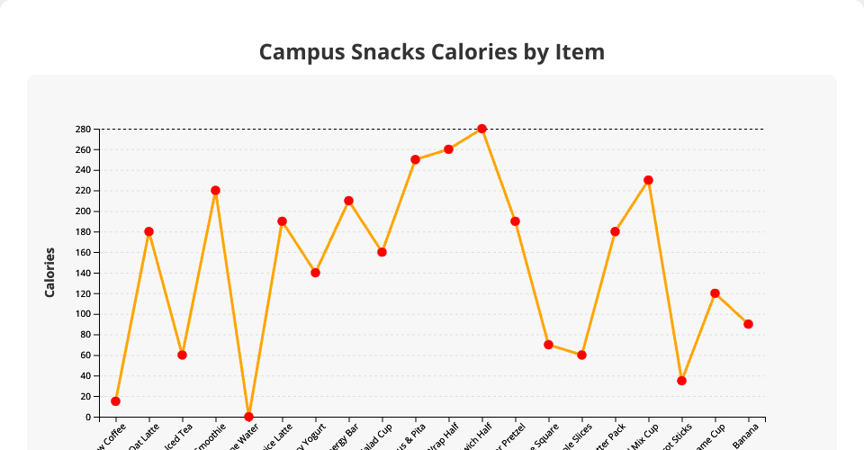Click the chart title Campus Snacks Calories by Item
tap(432, 52)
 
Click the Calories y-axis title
tap(50, 273)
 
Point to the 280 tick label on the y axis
tap(84, 129)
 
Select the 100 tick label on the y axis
tap(84, 314)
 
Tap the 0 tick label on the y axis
tap(89, 417)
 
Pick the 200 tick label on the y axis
tap(84, 211)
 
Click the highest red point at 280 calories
tap(481, 129)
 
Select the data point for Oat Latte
tap(148, 231)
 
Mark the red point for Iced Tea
tap(182, 355)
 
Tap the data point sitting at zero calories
tap(248, 417)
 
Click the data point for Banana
tap(748, 324)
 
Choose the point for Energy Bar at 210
tap(348, 201)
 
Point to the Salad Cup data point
tap(382, 252)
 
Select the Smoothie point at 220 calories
tap(215, 191)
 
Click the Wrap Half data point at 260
tap(448, 149)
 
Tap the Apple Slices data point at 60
tap(581, 355)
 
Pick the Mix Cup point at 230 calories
tap(648, 180)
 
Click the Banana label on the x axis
tap(747, 432)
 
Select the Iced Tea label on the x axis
tap(181, 433)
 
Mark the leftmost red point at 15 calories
tap(115, 401)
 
